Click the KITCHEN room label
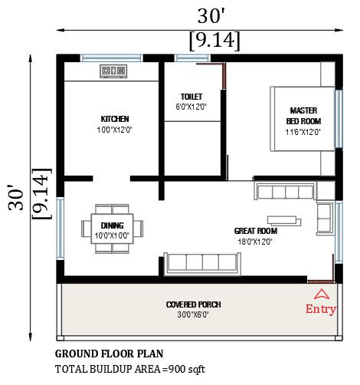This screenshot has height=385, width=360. click(x=115, y=119)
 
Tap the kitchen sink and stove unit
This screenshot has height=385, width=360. click(x=113, y=71)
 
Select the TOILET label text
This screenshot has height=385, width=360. click(x=191, y=97)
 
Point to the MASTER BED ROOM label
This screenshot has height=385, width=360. click(x=303, y=116)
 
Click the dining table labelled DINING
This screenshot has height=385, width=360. click(x=112, y=229)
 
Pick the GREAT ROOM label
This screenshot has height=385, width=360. click(x=256, y=231)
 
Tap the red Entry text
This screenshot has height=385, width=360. click(x=321, y=309)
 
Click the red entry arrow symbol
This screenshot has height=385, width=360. click(x=322, y=295)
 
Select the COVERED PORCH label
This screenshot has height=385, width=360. click(x=193, y=304)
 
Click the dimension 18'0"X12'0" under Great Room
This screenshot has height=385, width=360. click(x=255, y=242)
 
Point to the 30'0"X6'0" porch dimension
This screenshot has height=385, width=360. click(x=193, y=314)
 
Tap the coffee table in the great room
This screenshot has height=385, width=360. click(x=284, y=221)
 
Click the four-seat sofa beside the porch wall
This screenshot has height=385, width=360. click(x=202, y=264)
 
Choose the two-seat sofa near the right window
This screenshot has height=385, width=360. click(x=325, y=219)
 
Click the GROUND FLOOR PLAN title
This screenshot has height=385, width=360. click(x=109, y=354)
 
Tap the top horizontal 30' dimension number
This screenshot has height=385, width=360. click(x=211, y=16)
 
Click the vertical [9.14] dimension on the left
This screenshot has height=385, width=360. click(x=41, y=193)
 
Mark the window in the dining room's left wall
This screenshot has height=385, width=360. click(x=61, y=229)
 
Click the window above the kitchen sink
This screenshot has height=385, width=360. click(x=112, y=58)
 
